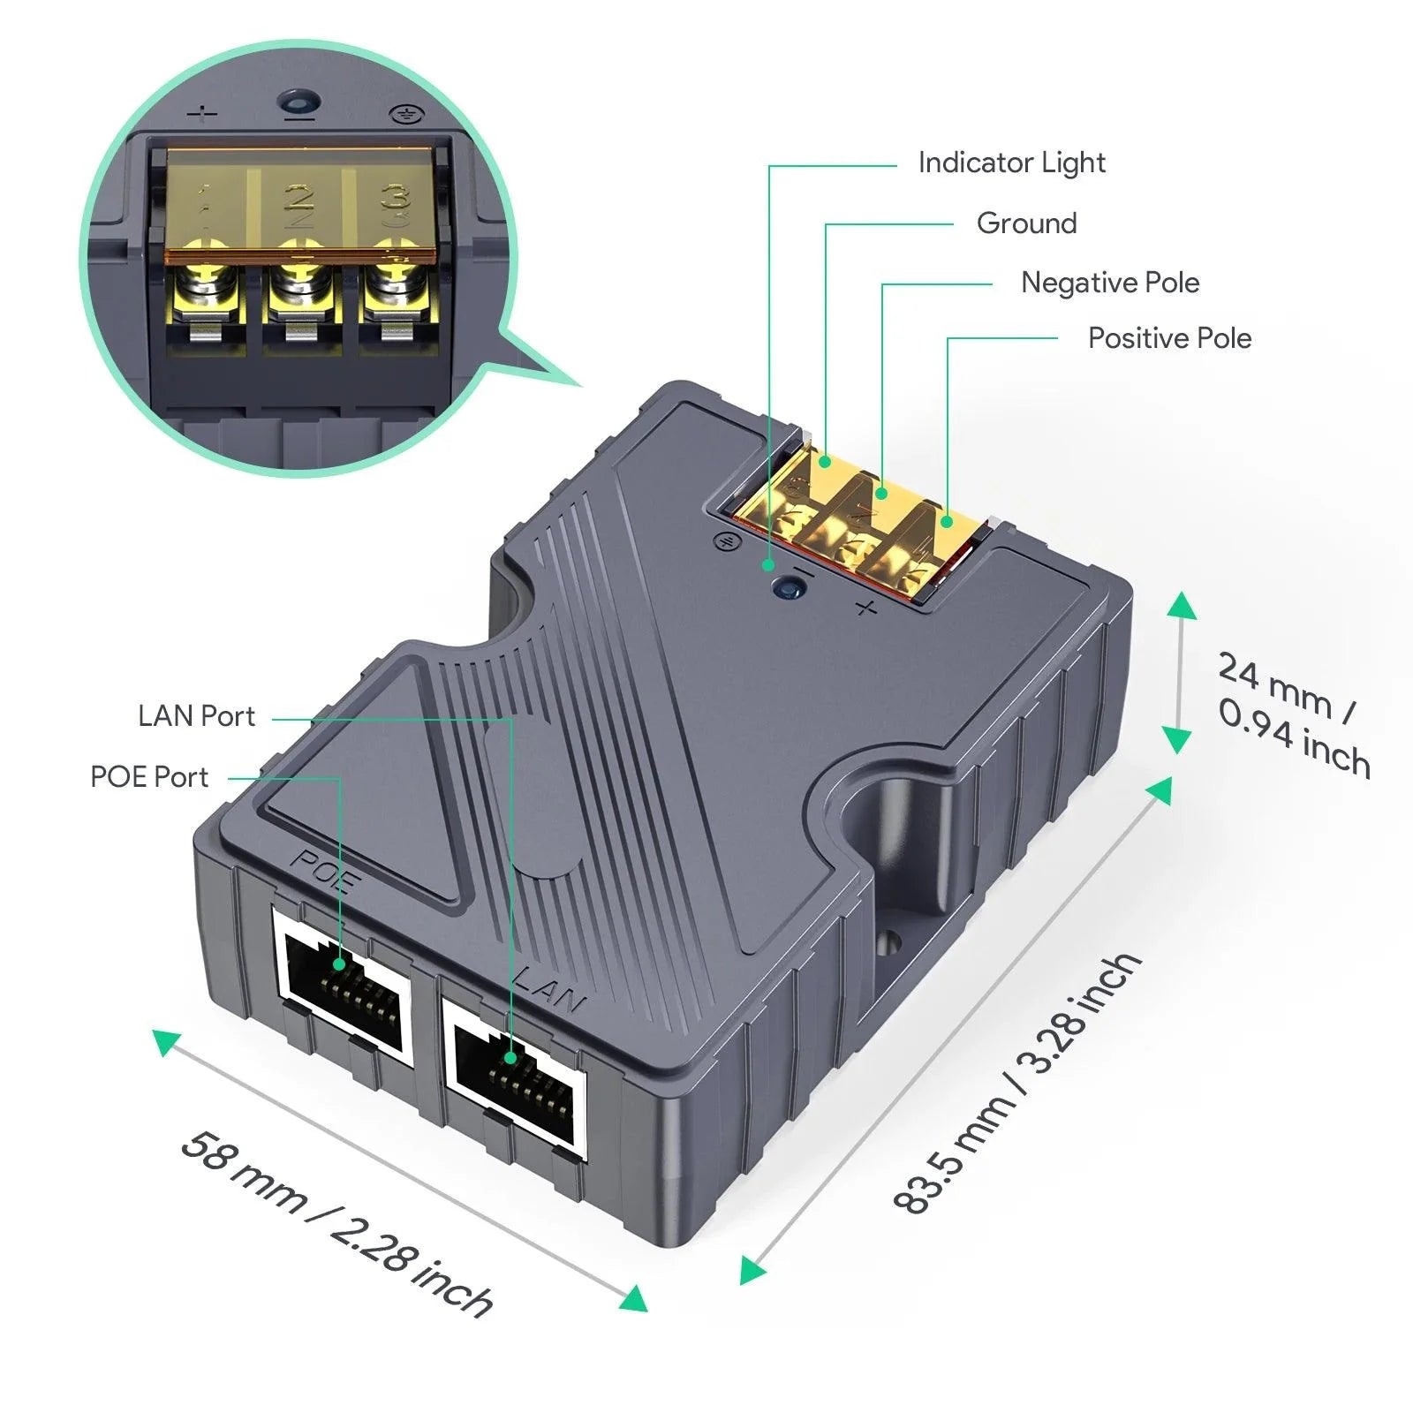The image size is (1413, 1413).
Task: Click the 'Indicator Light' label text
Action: pos(1011,162)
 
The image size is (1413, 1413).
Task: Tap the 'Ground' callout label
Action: pos(1026,223)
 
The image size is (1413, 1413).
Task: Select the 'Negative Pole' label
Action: pos(1110,283)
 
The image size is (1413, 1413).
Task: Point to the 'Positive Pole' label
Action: pos(1169,338)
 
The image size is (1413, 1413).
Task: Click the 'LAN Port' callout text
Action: pos(196,716)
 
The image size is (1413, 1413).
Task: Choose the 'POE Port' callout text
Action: pos(149,777)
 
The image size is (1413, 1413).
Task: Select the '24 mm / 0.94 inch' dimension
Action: pos(1293,715)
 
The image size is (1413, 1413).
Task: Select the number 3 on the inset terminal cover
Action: pos(395,201)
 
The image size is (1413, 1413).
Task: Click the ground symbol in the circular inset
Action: pos(406,114)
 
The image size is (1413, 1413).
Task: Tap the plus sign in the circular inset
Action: pos(204,115)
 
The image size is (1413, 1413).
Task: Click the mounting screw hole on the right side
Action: pos(888,941)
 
